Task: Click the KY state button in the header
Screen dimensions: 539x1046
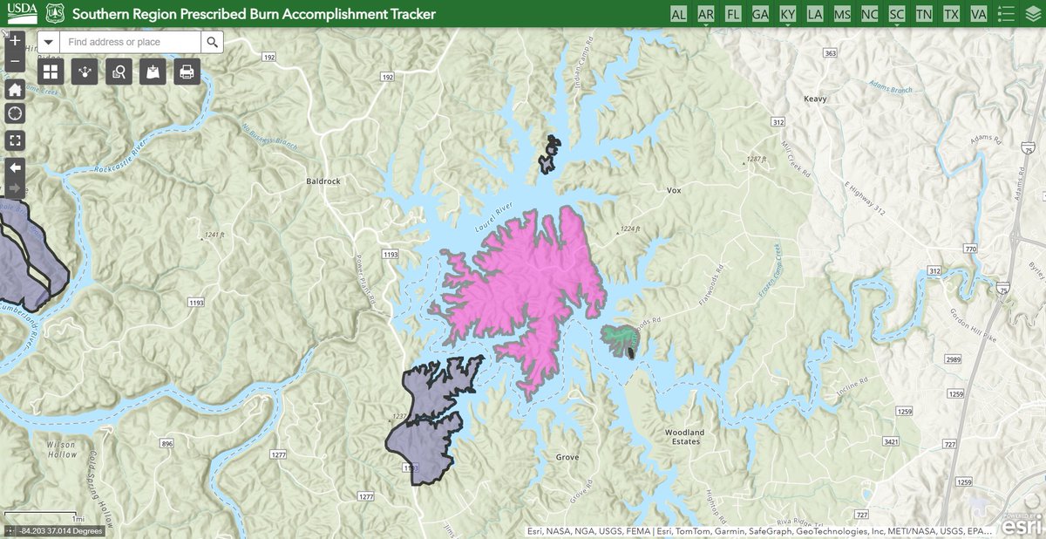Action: tap(787, 14)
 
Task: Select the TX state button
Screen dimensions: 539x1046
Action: tap(951, 14)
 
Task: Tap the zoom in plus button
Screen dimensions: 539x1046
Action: tap(15, 40)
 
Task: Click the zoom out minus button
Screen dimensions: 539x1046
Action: tap(15, 61)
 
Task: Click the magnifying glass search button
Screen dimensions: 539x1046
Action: tap(212, 42)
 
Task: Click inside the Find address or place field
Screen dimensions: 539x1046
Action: tap(131, 42)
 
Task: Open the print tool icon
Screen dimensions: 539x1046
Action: tap(187, 72)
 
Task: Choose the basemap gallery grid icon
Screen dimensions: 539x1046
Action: tap(51, 72)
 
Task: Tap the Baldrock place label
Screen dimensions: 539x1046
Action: tap(323, 182)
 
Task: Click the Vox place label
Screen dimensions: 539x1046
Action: tap(672, 190)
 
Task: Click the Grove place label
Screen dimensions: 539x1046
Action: tap(567, 457)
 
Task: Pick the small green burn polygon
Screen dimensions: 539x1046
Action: tap(617, 335)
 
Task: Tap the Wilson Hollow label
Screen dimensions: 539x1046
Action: tap(62, 449)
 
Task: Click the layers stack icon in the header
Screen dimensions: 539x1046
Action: tap(1032, 14)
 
